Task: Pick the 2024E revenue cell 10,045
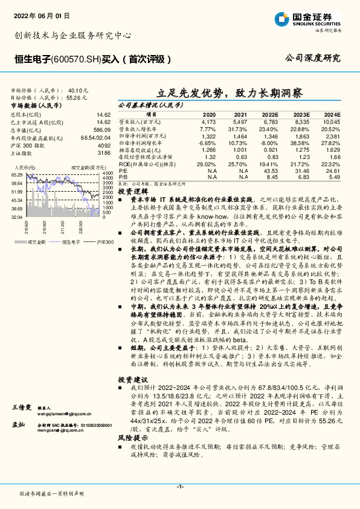[331, 122]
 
